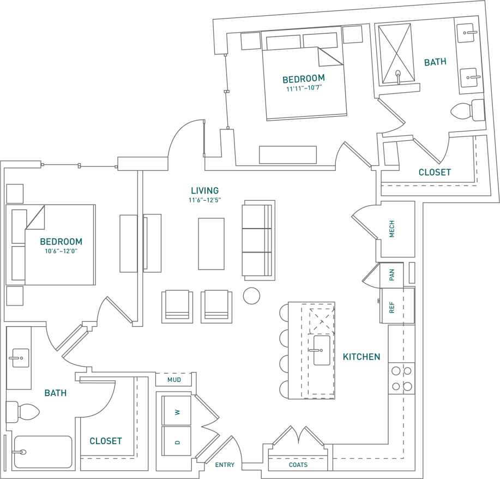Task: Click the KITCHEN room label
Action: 361,357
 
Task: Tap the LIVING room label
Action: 204,190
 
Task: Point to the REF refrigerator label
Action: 391,307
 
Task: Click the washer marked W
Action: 177,412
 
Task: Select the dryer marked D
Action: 177,441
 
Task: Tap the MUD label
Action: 174,380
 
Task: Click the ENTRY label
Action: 225,465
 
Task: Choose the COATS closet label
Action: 298,465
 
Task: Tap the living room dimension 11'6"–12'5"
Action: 204,200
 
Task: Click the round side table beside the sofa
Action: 251,296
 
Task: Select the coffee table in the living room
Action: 211,243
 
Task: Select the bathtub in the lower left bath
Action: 43,452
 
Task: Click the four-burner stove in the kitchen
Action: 401,379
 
